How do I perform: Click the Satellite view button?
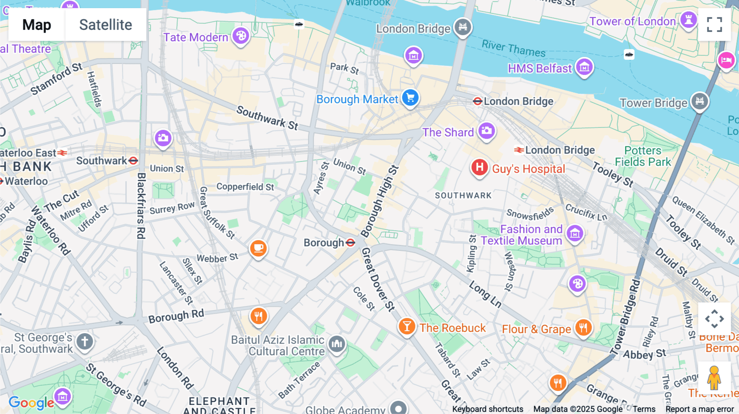106,25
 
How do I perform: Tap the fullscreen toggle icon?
714,25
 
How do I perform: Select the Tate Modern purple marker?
241,36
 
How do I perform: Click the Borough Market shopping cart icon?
410,98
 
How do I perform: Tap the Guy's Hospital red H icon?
479,168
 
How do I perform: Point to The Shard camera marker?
487,131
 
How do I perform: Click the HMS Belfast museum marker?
584,67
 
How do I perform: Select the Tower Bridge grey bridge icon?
700,101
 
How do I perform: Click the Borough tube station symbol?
350,243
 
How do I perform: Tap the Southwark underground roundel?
133,161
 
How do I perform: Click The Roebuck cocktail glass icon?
406,327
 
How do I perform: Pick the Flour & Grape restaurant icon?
583,328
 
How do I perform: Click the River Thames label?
513,48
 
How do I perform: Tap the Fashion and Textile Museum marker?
575,234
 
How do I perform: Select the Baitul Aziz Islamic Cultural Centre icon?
337,344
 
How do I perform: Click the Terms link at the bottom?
644,409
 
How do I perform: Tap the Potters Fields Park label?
643,156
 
